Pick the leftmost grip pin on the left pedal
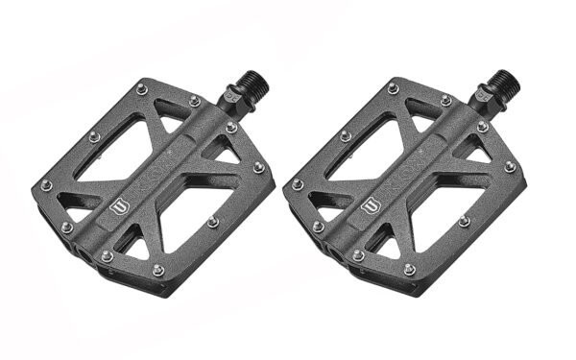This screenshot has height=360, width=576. pyautogui.click(x=45, y=184)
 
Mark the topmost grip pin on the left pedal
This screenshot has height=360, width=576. pyautogui.click(x=141, y=89)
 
